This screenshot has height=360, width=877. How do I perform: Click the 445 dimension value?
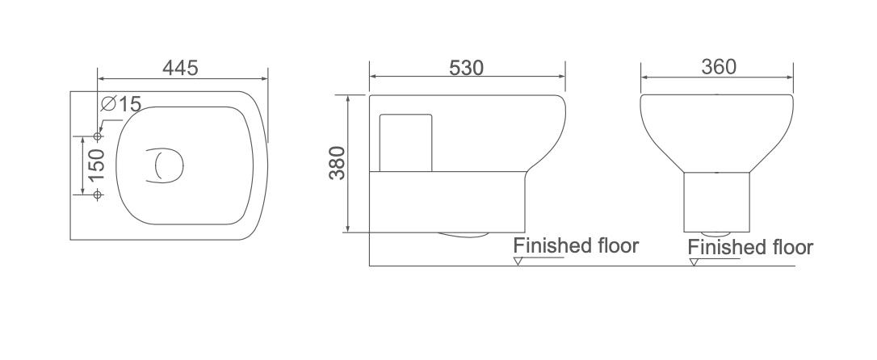point(180,68)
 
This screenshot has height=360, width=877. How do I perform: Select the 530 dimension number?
point(467,68)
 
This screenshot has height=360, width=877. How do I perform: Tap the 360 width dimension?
point(719,67)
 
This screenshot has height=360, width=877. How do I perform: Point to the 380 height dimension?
point(338,163)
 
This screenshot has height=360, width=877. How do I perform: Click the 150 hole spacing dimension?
point(96,165)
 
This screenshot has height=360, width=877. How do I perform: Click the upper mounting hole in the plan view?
point(98,136)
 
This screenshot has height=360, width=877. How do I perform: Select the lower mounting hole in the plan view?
point(98,195)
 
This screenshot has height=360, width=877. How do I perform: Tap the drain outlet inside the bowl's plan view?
point(165,165)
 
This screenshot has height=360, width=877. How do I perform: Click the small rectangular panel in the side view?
point(405,143)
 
